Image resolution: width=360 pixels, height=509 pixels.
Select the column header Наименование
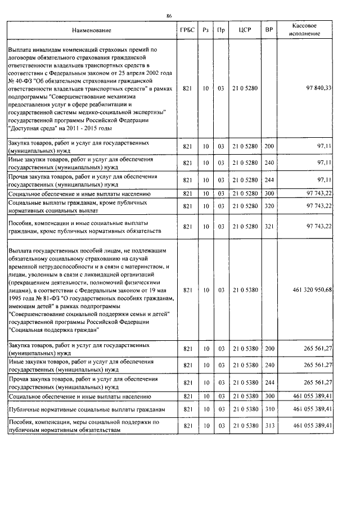[x=92, y=29]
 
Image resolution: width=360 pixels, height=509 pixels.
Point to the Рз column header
[x=206, y=29]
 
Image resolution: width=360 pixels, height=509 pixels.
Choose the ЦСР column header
[x=244, y=29]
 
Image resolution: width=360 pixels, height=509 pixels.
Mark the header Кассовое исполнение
[x=307, y=29]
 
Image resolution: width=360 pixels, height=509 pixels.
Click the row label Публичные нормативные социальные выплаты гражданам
[x=87, y=408]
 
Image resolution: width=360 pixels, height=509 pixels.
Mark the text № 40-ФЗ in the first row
[x=21, y=81]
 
